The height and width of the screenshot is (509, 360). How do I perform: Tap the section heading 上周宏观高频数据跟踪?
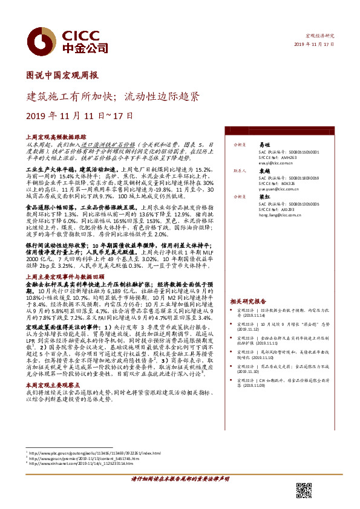[x=52, y=138]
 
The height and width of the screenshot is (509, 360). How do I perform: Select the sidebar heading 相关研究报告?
[x=248, y=300]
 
